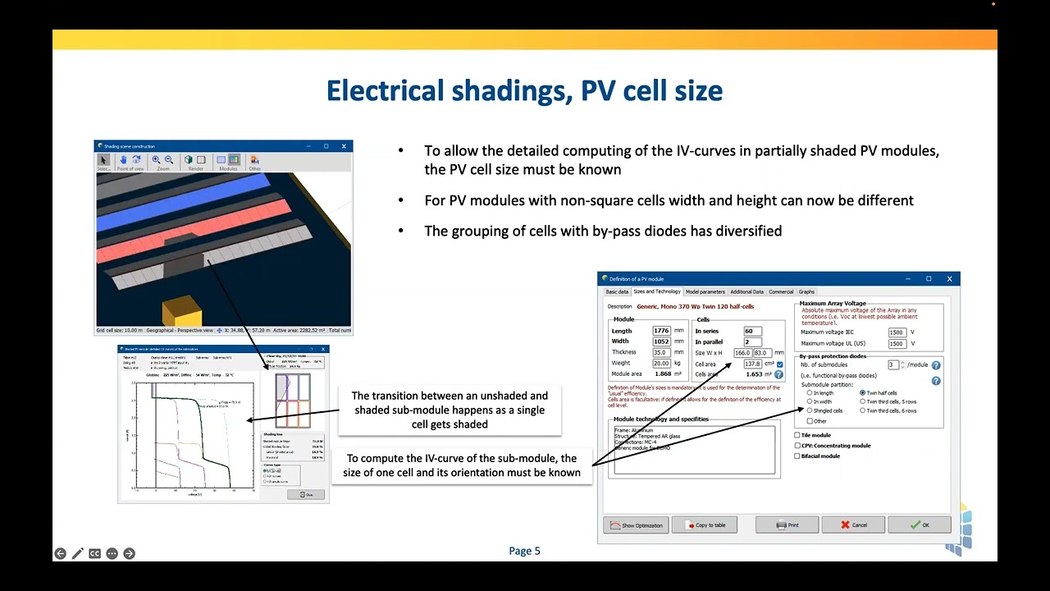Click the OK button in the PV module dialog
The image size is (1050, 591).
[x=919, y=525]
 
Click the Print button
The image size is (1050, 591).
[x=787, y=525]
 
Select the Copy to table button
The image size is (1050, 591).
[x=704, y=525]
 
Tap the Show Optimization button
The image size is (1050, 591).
[x=636, y=525]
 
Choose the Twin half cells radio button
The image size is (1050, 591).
[x=863, y=393]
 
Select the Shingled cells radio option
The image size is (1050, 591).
[x=810, y=410]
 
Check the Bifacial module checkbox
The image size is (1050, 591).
[x=797, y=456]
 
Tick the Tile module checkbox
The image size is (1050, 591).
[x=797, y=435]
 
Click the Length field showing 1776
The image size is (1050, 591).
[x=661, y=331]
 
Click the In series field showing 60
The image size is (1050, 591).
[x=752, y=331]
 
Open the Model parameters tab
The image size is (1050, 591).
[x=705, y=291]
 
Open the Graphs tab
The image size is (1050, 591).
[x=806, y=291]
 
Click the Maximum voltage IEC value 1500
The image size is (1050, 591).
[x=897, y=332]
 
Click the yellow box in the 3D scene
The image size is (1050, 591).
[x=181, y=310]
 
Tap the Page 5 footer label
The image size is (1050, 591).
[x=524, y=551]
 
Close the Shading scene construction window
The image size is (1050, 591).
[x=344, y=146]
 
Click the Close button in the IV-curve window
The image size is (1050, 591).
[x=305, y=494]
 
